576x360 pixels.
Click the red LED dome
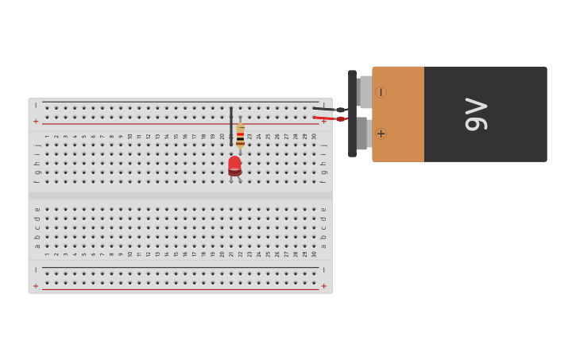click(234, 164)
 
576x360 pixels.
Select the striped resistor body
click(240, 136)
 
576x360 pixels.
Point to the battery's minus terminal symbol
click(381, 92)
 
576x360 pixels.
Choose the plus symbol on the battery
click(381, 134)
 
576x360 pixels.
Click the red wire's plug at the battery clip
click(340, 119)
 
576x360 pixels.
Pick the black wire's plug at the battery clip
click(340, 110)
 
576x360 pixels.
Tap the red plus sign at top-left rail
click(36, 122)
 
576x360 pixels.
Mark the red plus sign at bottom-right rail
click(323, 286)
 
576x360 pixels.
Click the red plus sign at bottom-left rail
click(36, 286)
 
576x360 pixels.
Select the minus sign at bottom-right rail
click(323, 270)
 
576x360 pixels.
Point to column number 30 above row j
click(314, 137)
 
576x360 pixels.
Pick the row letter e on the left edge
click(37, 210)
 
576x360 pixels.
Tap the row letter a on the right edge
click(323, 246)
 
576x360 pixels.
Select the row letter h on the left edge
click(37, 164)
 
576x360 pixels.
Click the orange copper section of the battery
click(398, 114)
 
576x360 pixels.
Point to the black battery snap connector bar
click(352, 114)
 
